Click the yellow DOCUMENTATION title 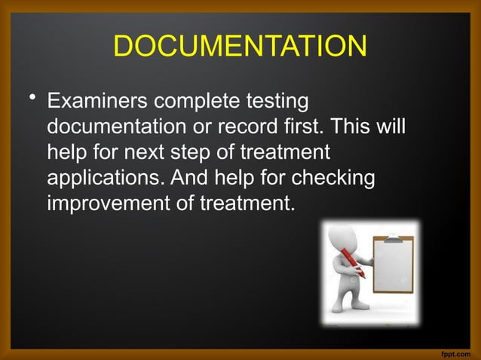pos(240,47)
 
